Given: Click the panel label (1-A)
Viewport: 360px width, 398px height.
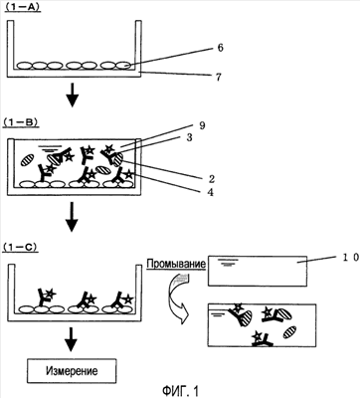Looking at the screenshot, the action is (x=23, y=7).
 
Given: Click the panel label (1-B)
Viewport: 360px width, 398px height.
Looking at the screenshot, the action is (x=21, y=121).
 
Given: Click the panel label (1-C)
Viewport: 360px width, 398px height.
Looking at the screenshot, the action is (x=21, y=248).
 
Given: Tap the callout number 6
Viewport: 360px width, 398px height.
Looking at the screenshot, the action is (x=220, y=48).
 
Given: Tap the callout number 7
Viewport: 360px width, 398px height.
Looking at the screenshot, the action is (x=218, y=78).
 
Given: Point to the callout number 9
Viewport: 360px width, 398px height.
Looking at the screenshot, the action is (x=202, y=125).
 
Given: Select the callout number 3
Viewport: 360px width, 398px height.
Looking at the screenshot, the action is (x=189, y=138).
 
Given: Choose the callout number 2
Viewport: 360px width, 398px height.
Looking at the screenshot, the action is (x=212, y=179).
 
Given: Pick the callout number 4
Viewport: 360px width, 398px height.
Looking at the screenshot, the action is (x=210, y=192).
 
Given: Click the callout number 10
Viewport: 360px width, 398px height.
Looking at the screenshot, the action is (x=349, y=257).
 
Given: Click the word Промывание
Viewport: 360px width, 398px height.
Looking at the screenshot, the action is (x=176, y=264).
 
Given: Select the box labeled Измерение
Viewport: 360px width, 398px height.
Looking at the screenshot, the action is (x=72, y=371).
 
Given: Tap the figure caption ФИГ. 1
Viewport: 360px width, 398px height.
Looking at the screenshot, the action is (x=180, y=391).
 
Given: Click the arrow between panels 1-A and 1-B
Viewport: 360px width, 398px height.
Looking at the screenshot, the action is (x=72, y=96).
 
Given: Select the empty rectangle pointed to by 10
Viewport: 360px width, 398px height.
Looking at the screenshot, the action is (x=258, y=271).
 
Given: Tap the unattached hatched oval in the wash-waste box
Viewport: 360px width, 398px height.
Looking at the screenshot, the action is (x=289, y=331).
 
